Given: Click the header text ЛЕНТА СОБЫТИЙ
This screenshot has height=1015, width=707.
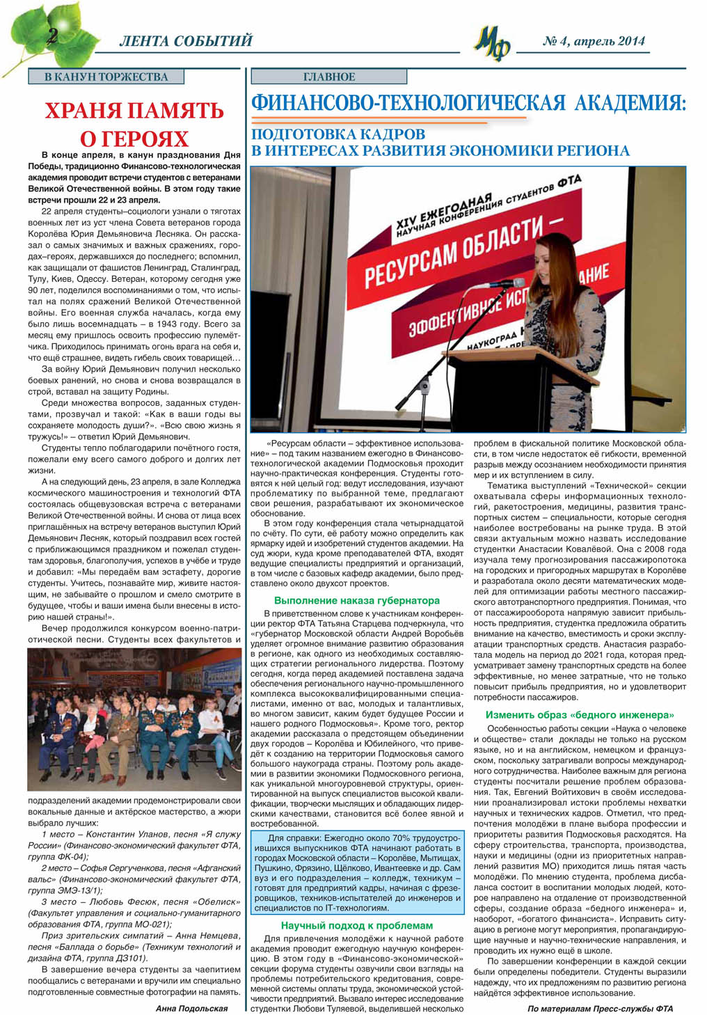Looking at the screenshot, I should pyautogui.click(x=185, y=42).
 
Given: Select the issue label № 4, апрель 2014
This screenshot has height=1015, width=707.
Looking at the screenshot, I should pyautogui.click(x=594, y=41).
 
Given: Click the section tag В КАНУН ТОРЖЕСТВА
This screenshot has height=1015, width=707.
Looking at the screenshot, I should pyautogui.click(x=106, y=77).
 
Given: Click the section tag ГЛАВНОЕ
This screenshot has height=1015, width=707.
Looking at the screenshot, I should pyautogui.click(x=329, y=77).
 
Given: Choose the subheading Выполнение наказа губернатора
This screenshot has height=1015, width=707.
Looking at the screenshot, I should pyautogui.click(x=356, y=600).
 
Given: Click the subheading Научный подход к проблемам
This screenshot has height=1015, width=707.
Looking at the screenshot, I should pyautogui.click(x=356, y=925).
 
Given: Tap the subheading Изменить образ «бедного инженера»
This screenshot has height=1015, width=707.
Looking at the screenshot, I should pyautogui.click(x=580, y=714).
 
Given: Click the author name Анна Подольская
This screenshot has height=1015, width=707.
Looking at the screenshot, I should pyautogui.click(x=191, y=1007).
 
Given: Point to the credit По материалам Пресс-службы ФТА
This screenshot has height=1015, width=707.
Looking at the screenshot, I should pyautogui.click(x=600, y=1008).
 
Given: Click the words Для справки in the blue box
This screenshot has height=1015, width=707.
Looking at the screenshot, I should pyautogui.click(x=292, y=837).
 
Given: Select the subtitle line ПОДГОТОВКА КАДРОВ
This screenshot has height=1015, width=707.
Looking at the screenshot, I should pyautogui.click(x=338, y=134).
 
